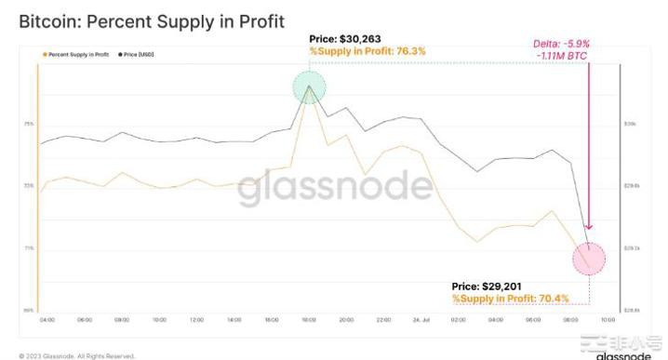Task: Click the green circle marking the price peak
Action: [309, 89]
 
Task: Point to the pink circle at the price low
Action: [588, 258]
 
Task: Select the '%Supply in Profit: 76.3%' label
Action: [367, 51]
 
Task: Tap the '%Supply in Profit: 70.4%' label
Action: [510, 299]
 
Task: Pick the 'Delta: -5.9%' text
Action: [562, 44]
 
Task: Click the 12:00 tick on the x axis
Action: [196, 319]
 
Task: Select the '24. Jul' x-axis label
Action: [421, 319]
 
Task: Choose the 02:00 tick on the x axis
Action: [459, 319]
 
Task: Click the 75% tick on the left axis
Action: [29, 124]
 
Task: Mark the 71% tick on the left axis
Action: [29, 248]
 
